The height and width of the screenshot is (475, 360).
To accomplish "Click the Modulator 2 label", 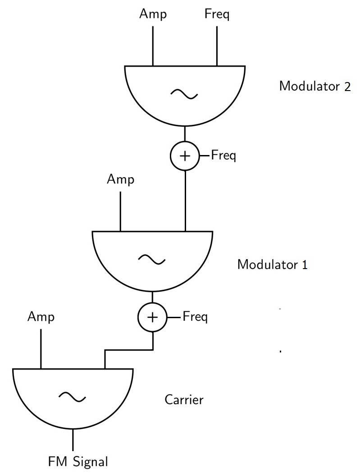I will (x=314, y=86).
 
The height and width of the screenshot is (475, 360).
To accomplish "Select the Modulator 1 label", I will (x=273, y=264).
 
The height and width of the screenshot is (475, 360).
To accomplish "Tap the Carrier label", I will (x=184, y=400).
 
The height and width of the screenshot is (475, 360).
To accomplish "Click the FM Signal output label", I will (x=78, y=462).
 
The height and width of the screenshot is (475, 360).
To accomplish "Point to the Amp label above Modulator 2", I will (x=153, y=14).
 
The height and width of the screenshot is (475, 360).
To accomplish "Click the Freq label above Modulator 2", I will (x=217, y=14).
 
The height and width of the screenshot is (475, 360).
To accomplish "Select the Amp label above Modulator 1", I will (x=120, y=180).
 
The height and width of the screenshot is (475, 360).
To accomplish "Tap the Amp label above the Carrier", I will (x=41, y=317).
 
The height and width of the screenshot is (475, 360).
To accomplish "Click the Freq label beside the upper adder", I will (x=223, y=156).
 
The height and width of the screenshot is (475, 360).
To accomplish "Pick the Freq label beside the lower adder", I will (x=195, y=317).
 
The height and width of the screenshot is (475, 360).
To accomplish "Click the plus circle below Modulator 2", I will (x=185, y=156).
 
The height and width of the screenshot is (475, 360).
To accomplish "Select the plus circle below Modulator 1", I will (x=153, y=317).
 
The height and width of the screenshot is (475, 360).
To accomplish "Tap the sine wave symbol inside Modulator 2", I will (x=185, y=94).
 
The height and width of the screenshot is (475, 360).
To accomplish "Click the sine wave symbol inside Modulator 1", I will (x=152, y=259).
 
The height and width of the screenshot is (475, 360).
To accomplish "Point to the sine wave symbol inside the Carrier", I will (x=73, y=397).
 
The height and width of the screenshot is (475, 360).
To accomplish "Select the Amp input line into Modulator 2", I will (x=153, y=45).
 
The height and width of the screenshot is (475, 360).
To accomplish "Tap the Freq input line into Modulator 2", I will (x=217, y=45).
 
